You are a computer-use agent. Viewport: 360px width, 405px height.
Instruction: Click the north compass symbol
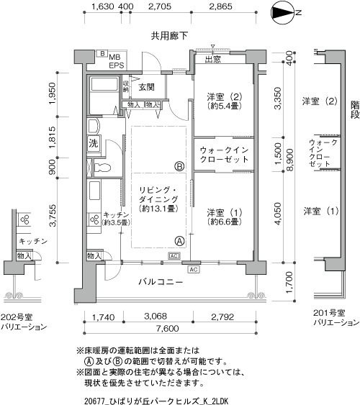(x=282, y=12)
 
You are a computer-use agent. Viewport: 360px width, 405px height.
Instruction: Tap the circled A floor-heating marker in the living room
(x=179, y=241)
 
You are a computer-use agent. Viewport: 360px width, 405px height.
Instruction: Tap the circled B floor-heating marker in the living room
(x=179, y=166)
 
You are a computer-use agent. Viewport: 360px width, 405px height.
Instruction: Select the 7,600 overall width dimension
(x=168, y=328)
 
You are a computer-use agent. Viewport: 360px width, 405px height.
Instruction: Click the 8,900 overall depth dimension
(x=290, y=160)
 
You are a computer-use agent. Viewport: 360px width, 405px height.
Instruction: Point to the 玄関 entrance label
(x=147, y=87)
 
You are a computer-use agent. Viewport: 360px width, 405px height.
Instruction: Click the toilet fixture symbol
(x=102, y=168)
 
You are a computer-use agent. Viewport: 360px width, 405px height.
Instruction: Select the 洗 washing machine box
(x=94, y=143)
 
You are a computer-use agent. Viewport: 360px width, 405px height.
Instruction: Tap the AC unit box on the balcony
(x=194, y=269)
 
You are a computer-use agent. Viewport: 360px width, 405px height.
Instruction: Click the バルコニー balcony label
(x=161, y=281)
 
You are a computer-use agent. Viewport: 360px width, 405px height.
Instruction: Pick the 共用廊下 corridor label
(x=169, y=36)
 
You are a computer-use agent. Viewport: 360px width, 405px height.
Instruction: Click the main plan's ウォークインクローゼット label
(x=224, y=155)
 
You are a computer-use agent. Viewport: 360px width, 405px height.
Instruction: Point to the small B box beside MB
(x=102, y=53)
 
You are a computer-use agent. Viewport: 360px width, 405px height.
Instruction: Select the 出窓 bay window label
(x=213, y=60)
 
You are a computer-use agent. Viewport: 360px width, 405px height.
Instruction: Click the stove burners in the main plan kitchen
(x=94, y=219)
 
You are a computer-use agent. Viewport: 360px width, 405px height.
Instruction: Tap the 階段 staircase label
(x=355, y=109)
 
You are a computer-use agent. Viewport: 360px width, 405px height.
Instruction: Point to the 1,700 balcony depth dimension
(x=289, y=282)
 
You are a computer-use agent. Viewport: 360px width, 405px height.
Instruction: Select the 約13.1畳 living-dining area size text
(x=158, y=208)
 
